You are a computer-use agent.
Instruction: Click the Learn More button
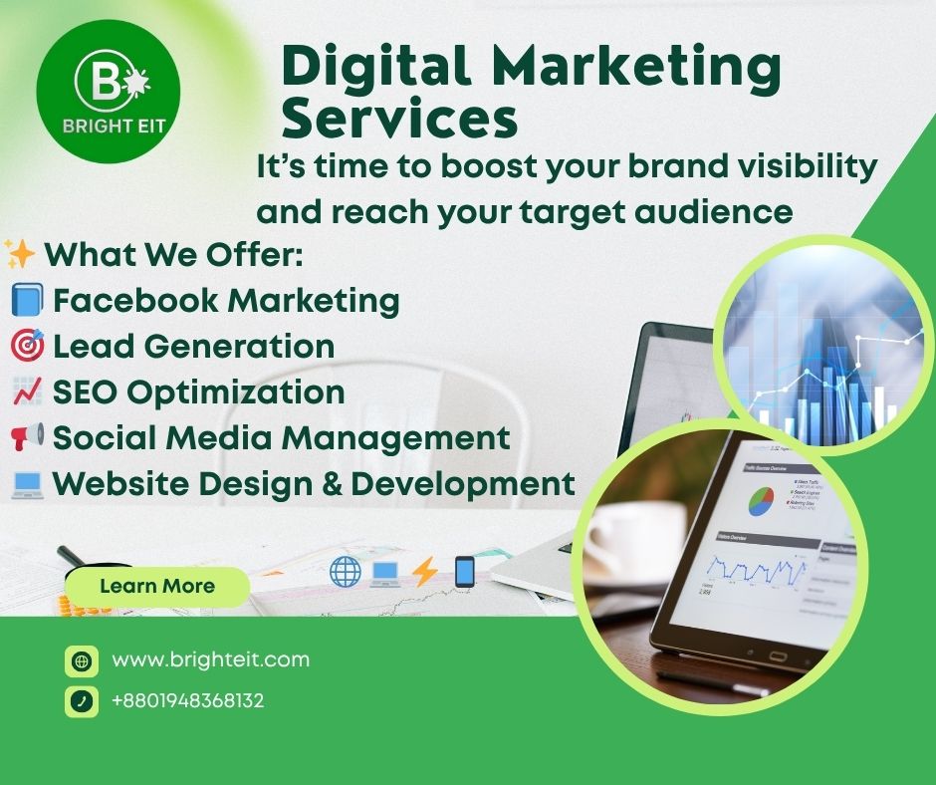[x=156, y=586]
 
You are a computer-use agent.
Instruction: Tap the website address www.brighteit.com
[x=210, y=659]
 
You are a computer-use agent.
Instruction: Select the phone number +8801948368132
[x=187, y=701]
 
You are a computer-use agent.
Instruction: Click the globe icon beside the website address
[x=82, y=660]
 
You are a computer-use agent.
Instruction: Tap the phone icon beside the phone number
[x=82, y=701]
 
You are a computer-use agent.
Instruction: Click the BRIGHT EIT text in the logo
[x=108, y=129]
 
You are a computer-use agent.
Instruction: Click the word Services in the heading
[x=399, y=119]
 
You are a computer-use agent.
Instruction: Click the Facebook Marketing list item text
[x=226, y=300]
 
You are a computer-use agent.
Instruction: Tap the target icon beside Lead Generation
[x=27, y=346]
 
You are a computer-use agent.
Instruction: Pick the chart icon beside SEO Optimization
[x=26, y=392]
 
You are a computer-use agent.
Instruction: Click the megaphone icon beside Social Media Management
[x=27, y=437]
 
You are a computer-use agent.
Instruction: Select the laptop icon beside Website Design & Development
[x=26, y=484]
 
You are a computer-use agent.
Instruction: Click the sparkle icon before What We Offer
[x=20, y=254]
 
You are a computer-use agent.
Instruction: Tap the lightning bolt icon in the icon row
[x=425, y=572]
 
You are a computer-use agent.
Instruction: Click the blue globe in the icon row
[x=346, y=572]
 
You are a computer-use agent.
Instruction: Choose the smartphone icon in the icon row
[x=464, y=572]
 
